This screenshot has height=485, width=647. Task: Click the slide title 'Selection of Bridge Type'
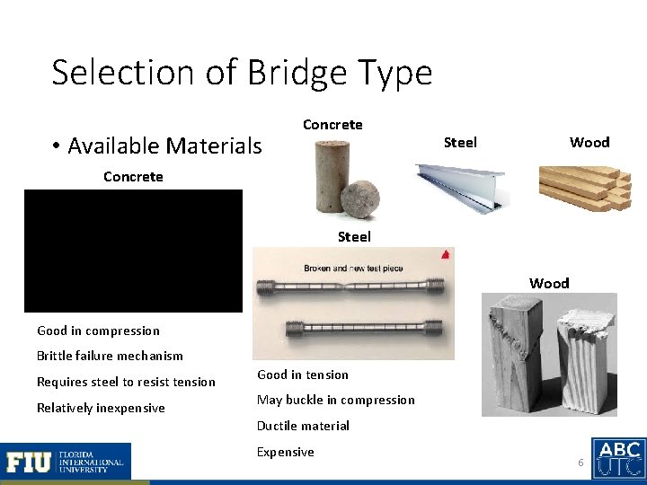click(x=242, y=73)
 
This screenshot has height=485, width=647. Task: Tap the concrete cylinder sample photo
click(x=332, y=183)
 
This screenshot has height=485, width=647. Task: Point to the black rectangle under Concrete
click(x=133, y=251)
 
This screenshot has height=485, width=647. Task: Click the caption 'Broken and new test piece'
click(x=353, y=269)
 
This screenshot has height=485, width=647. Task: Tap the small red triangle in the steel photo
click(x=444, y=256)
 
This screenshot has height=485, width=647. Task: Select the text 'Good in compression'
click(x=98, y=331)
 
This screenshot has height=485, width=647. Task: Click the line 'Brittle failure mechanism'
click(x=110, y=356)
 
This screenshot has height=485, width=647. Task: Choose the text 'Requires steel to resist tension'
click(x=126, y=382)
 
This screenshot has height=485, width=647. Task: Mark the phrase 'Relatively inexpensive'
click(x=101, y=408)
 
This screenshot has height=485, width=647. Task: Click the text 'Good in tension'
click(x=303, y=375)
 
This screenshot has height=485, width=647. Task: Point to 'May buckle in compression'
click(x=336, y=400)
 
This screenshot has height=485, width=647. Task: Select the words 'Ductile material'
click(x=303, y=426)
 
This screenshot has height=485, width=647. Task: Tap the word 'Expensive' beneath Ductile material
click(x=285, y=452)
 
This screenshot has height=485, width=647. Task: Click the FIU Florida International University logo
click(x=66, y=462)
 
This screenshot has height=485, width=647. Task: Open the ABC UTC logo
click(x=618, y=458)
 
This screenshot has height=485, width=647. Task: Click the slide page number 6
click(x=581, y=462)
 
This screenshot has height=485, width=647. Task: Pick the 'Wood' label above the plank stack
click(x=589, y=142)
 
